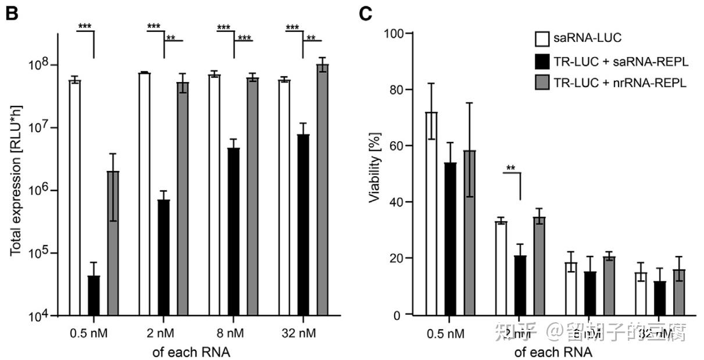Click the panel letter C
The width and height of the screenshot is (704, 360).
[x=366, y=13]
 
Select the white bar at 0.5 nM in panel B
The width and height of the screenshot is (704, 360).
[x=74, y=198]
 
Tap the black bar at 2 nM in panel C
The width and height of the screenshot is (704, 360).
[x=520, y=285]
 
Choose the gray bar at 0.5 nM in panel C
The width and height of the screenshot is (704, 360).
[x=469, y=233]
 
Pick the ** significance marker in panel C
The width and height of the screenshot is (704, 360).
[x=510, y=169]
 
